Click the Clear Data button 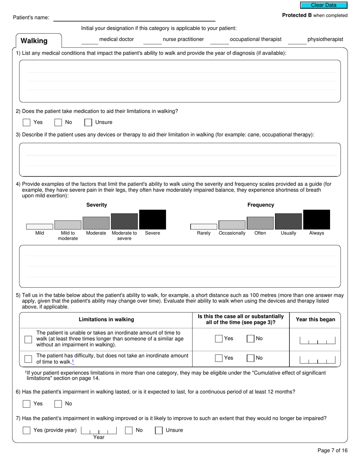(324, 5)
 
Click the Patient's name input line (134, 17)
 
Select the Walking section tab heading (34, 41)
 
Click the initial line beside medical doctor (90, 41)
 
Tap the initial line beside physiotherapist (297, 41)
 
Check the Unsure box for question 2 (88, 122)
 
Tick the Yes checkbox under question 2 (27, 122)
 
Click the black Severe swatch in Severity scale (152, 220)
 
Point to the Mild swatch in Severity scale (39, 227)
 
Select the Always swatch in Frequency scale (316, 220)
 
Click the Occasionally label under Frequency (232, 233)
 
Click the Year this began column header (315, 320)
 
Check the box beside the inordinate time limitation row (28, 339)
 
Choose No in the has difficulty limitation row (250, 358)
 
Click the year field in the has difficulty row (318, 360)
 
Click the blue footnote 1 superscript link (73, 361)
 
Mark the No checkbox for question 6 (58, 404)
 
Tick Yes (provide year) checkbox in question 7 (27, 430)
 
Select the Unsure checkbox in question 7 (159, 430)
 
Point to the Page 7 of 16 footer (332, 451)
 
